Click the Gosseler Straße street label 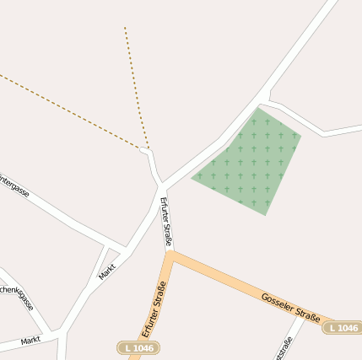(x=289, y=308)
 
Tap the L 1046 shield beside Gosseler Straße (x=343, y=327)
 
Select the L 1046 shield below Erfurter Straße (x=138, y=347)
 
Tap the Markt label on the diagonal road (x=107, y=269)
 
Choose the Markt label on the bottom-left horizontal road (x=30, y=341)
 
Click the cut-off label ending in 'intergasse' (x=14, y=186)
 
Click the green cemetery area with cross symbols (x=250, y=160)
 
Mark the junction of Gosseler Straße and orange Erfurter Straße (x=171, y=255)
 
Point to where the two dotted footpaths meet (x=147, y=150)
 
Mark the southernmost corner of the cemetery (x=266, y=215)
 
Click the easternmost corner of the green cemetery (x=301, y=135)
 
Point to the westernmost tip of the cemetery (x=192, y=178)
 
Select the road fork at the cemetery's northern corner (x=265, y=99)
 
